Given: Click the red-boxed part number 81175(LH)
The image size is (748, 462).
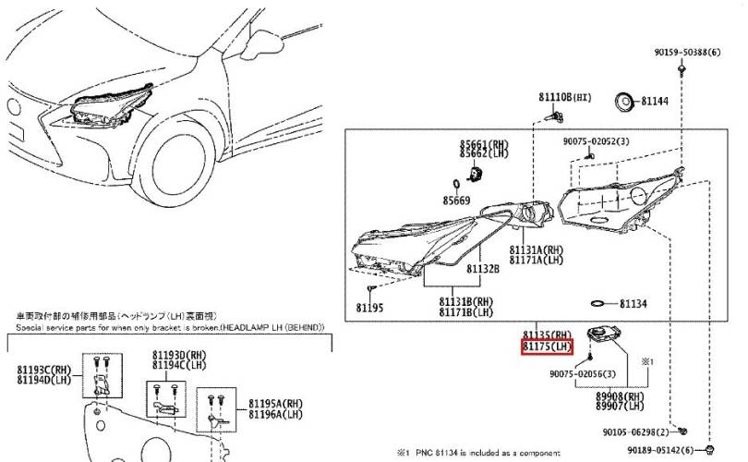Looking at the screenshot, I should [549, 347].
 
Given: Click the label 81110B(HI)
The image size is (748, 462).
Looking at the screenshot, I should [566, 96].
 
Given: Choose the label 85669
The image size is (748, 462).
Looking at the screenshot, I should [455, 200].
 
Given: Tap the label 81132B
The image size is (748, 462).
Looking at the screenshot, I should [482, 269].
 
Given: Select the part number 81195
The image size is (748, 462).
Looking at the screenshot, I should [368, 307].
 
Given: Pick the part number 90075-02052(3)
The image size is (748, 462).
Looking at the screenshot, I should [596, 141].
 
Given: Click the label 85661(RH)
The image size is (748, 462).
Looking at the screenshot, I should [486, 144].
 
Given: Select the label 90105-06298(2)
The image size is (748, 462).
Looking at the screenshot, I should [638, 432].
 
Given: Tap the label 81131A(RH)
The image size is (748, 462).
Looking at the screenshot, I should [536, 250].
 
